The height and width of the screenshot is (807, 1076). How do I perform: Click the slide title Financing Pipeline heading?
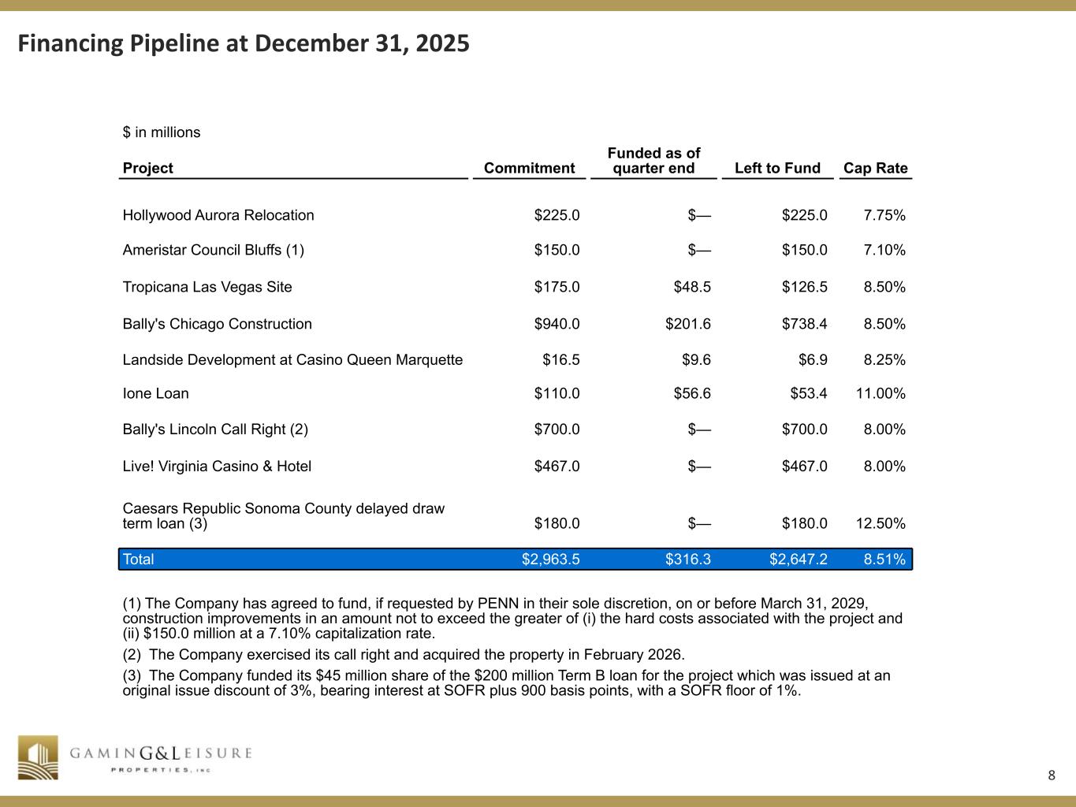click(x=244, y=43)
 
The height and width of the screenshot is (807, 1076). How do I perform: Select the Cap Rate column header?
click(x=875, y=168)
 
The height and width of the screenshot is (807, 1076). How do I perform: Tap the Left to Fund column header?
click(x=777, y=168)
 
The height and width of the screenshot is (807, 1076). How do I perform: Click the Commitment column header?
click(x=529, y=168)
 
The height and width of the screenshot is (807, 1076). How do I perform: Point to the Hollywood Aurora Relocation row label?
click(x=218, y=215)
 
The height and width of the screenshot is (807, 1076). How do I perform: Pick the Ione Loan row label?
click(x=155, y=393)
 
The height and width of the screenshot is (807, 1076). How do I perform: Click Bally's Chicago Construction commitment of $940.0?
click(x=557, y=324)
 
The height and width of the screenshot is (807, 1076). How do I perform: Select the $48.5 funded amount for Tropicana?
click(x=692, y=287)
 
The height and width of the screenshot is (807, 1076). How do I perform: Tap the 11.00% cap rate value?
click(x=881, y=393)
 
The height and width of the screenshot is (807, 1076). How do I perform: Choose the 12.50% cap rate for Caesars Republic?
click(x=881, y=523)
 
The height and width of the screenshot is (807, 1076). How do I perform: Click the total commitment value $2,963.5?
click(x=550, y=560)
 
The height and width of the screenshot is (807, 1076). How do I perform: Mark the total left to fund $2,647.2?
click(x=798, y=560)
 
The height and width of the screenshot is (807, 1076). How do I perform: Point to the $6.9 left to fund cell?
click(x=813, y=360)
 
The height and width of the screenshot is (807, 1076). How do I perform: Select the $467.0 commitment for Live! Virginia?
click(x=557, y=467)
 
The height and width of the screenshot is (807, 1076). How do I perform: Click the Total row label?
click(x=138, y=560)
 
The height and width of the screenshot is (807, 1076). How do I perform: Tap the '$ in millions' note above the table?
click(x=162, y=132)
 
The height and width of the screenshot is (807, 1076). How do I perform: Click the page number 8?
click(x=1052, y=775)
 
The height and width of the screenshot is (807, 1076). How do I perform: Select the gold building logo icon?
click(x=39, y=757)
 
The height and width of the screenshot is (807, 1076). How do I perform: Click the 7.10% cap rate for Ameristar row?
click(x=884, y=251)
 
